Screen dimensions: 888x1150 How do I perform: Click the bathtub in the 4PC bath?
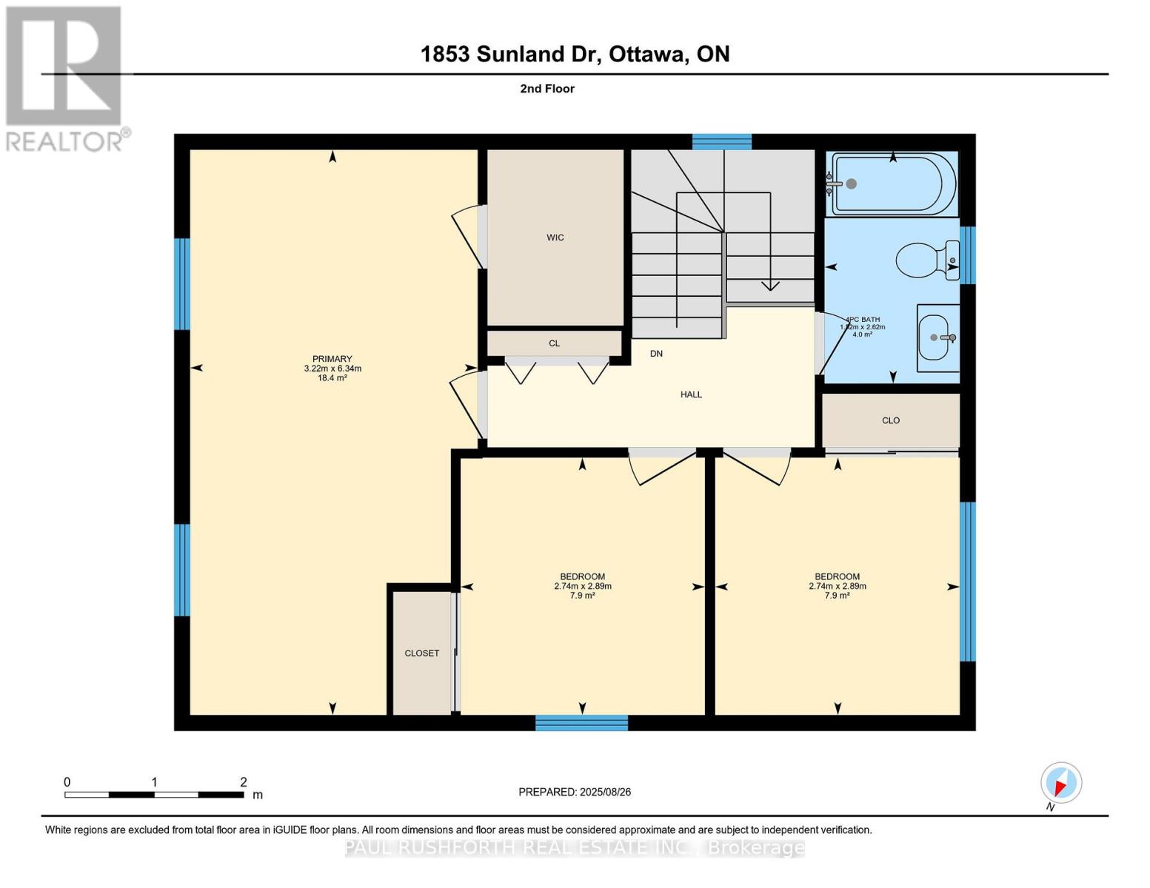(893, 184)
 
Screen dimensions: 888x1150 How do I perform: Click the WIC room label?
(555, 238)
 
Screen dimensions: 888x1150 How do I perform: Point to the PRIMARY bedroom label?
(332, 359)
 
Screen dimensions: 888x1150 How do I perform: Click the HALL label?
(691, 394)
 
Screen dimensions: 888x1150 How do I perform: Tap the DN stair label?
(656, 354)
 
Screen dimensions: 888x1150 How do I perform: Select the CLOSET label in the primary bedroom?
(421, 653)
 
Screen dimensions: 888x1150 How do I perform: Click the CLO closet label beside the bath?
(890, 420)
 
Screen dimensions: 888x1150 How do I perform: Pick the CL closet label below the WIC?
(554, 343)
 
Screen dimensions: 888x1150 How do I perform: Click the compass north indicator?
(1060, 783)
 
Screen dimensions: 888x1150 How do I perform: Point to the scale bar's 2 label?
(243, 782)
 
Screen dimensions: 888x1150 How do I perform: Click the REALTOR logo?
(65, 78)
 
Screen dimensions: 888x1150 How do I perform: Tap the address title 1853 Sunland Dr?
(575, 54)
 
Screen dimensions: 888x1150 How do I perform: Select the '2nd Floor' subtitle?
(547, 89)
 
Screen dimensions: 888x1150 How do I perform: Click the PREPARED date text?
(575, 792)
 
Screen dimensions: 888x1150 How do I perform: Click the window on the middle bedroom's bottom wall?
(581, 722)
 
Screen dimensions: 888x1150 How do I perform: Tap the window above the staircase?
(721, 141)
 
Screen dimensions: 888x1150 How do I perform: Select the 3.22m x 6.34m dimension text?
(332, 369)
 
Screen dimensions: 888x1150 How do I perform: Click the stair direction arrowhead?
(770, 286)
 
